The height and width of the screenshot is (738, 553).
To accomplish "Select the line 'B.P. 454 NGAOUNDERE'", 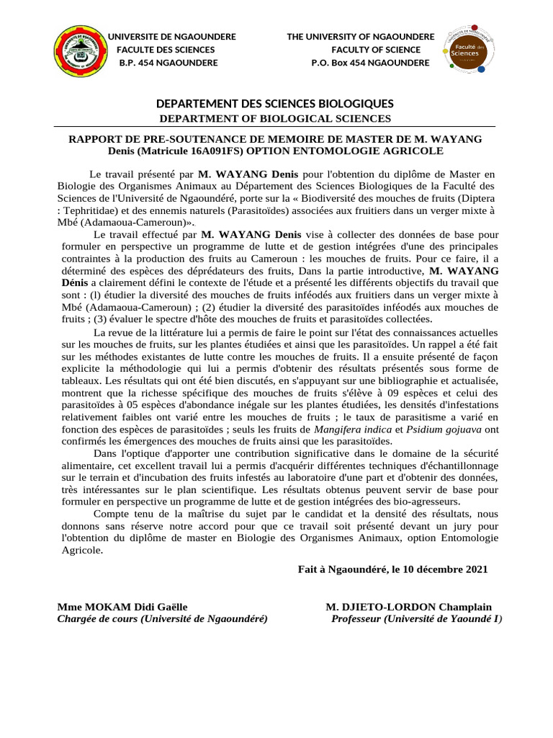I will pyautogui.click(x=168, y=63).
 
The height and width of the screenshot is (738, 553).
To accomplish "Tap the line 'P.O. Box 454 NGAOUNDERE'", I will pyautogui.click(x=370, y=63).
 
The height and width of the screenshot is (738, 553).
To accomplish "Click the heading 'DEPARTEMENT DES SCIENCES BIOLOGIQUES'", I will pyautogui.click(x=276, y=105).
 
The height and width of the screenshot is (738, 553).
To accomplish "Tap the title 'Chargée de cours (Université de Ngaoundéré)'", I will pyautogui.click(x=162, y=618).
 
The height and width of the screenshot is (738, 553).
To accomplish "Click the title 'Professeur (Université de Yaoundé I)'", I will pyautogui.click(x=417, y=618).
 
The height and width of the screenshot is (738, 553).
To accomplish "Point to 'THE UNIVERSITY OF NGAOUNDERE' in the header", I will pyautogui.click(x=361, y=37).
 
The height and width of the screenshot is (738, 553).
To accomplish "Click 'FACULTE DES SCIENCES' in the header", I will pyautogui.click(x=166, y=50).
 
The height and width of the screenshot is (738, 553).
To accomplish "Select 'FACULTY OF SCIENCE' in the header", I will pyautogui.click(x=376, y=50).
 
